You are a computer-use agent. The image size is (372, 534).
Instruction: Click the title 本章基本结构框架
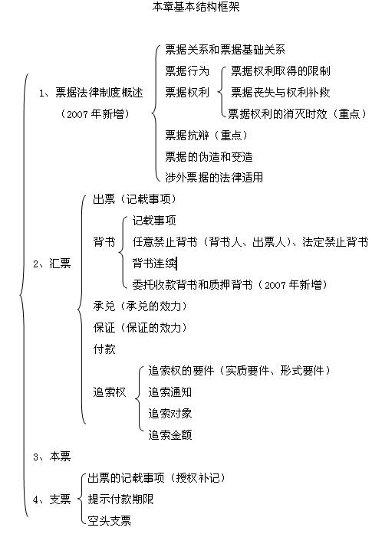click(196, 6)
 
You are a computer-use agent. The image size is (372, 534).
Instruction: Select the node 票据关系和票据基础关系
click(225, 50)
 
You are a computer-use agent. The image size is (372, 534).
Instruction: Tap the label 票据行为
click(187, 71)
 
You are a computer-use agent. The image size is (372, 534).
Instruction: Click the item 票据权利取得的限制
click(281, 71)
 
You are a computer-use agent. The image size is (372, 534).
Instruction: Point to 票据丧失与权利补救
click(281, 93)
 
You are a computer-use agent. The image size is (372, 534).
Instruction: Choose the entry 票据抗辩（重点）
click(206, 136)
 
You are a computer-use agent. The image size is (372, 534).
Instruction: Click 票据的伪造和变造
click(209, 157)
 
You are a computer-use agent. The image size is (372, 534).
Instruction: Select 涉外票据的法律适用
click(214, 178)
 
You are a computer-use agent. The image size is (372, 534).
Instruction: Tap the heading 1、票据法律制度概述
click(91, 93)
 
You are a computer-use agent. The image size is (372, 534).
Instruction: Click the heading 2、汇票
click(52, 264)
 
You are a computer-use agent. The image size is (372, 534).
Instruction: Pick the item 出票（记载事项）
click(135, 199)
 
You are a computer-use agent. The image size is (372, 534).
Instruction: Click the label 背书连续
click(154, 264)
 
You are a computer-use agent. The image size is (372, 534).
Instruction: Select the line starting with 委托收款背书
click(230, 285)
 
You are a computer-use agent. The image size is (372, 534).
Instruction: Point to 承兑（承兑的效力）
click(140, 306)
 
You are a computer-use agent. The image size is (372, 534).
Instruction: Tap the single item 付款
click(104, 349)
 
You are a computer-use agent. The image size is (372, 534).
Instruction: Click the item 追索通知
click(170, 392)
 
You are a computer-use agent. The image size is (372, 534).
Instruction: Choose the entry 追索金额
click(170, 435)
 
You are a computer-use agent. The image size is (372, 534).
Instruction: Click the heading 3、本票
click(52, 457)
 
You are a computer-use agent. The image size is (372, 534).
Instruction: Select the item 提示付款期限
click(120, 500)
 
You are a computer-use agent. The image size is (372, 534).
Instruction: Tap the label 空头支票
click(110, 521)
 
